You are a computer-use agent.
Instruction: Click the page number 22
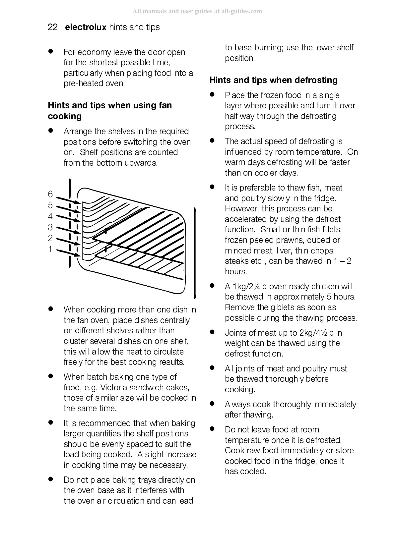coord(53,27)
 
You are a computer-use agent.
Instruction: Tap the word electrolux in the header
coord(86,27)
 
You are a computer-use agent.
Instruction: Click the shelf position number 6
coord(50,194)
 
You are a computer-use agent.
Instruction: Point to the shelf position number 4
coord(50,216)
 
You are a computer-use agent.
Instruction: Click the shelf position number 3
coord(50,227)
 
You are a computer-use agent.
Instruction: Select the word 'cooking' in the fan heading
coord(65,116)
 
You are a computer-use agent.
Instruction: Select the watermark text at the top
coord(197,11)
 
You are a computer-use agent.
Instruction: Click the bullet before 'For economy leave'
coord(51,52)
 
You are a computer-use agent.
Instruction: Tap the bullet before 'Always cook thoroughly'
coord(212,404)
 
